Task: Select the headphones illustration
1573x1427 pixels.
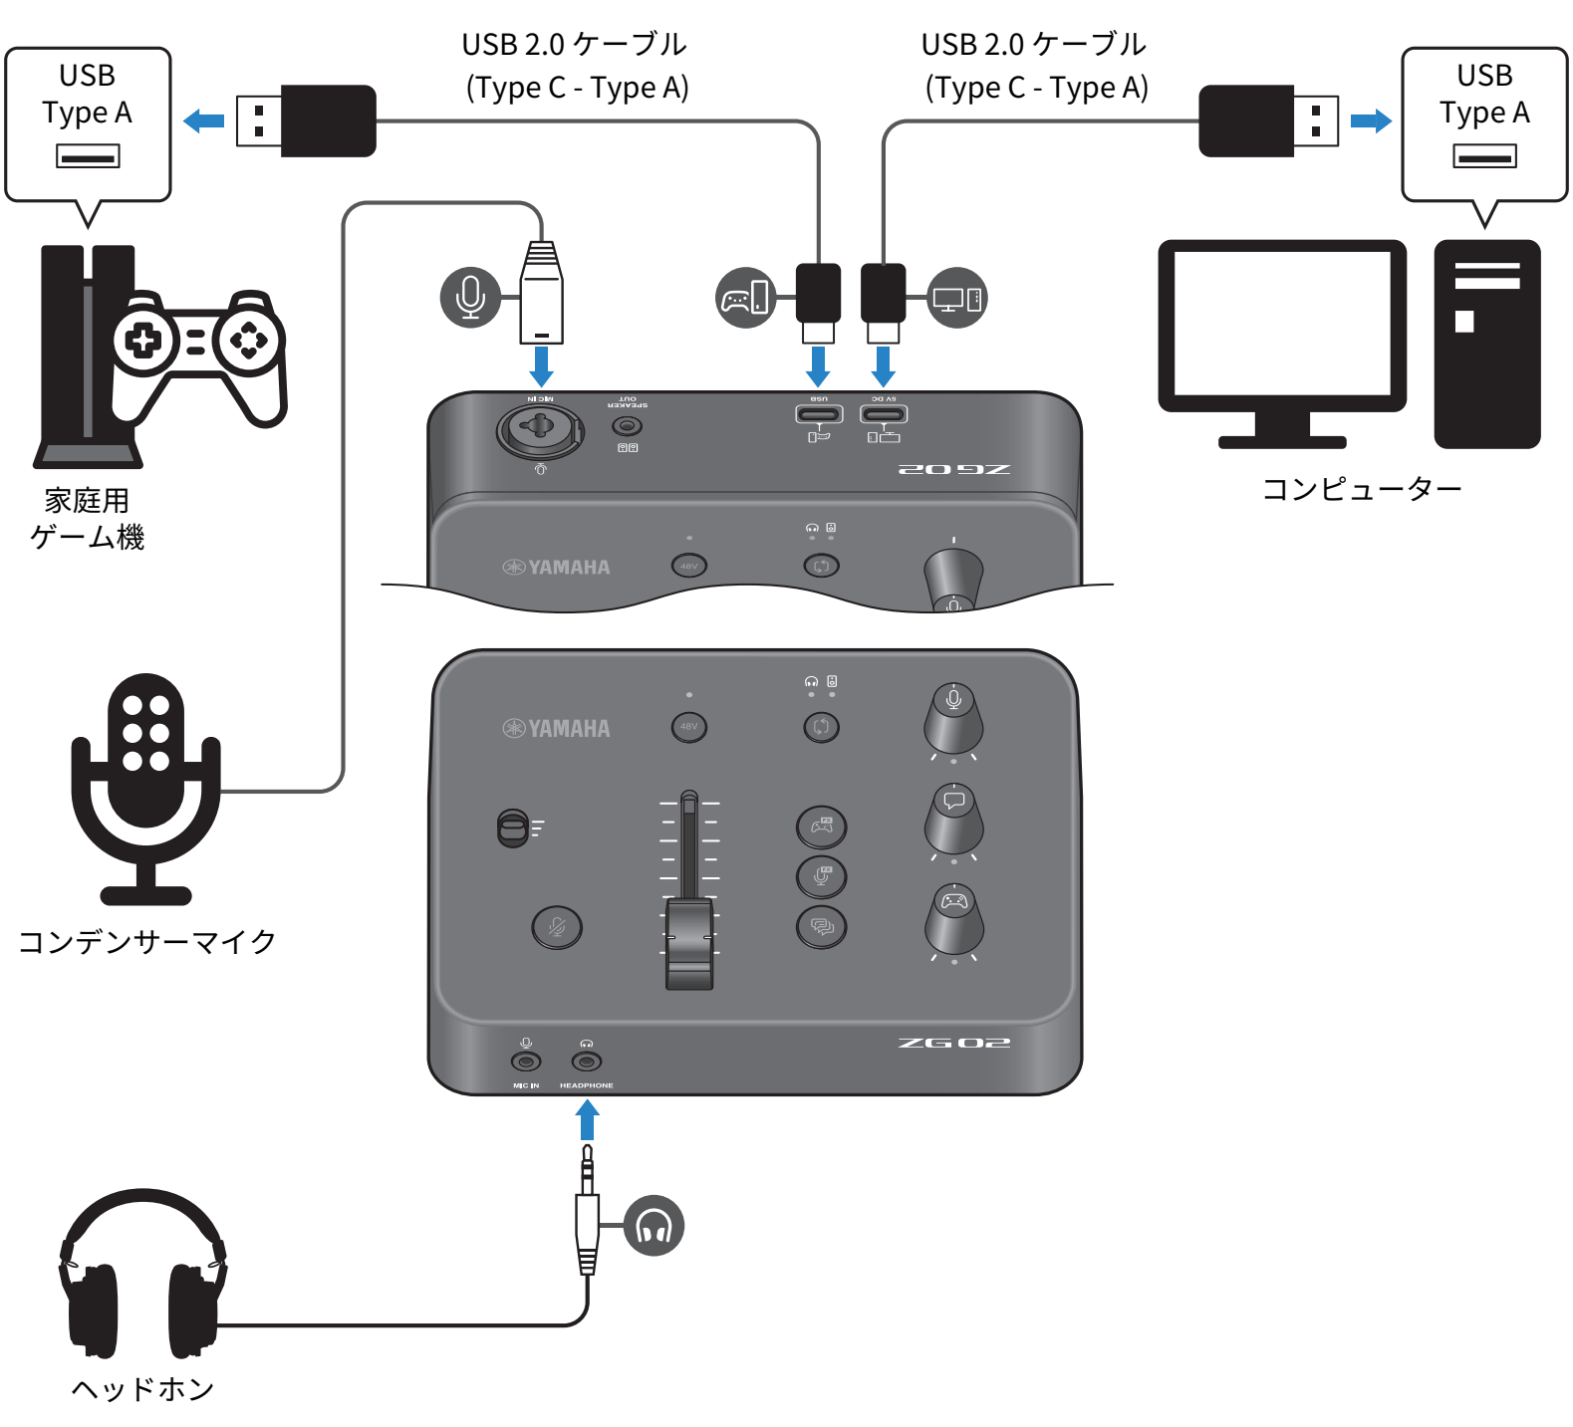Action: coord(142,1275)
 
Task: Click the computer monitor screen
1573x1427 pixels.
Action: coord(1282,324)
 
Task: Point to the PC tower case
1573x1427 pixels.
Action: coord(1486,344)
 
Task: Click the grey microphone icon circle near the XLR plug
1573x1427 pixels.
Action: coord(470,297)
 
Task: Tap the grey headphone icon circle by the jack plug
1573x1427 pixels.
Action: coord(654,1225)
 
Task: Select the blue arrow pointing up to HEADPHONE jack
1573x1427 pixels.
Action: coord(588,1119)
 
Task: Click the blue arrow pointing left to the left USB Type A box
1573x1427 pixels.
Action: coord(204,121)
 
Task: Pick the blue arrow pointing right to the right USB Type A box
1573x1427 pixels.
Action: coord(1371,121)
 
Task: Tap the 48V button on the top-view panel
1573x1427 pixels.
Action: coord(688,727)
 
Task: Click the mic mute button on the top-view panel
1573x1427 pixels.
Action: coord(557,927)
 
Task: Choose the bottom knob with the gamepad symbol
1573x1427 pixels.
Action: coord(954,920)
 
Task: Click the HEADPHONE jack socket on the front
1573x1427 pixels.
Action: coord(587,1062)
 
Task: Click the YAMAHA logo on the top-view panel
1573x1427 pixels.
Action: coord(556,729)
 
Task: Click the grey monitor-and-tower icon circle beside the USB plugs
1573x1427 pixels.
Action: coord(956,298)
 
